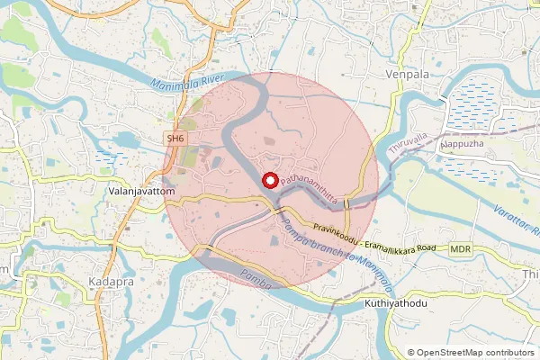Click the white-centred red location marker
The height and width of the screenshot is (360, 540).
coord(268,180)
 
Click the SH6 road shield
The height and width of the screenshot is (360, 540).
coord(175,139)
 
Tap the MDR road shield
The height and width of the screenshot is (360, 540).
coord(461,248)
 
